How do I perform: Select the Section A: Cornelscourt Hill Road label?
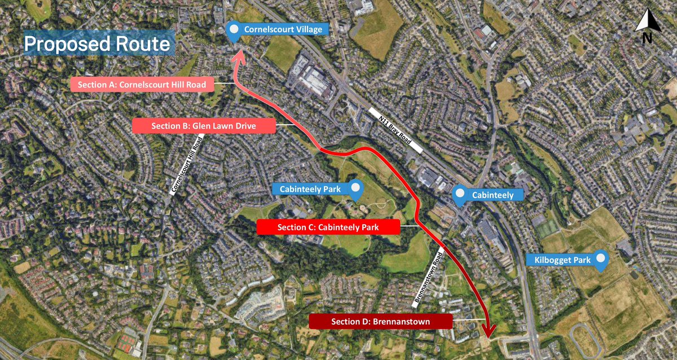click(142, 85)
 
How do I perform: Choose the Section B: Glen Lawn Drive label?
click(204, 126)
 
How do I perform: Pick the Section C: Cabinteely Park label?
click(328, 227)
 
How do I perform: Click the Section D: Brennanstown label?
click(381, 322)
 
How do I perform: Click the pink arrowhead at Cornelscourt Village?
click(238, 54)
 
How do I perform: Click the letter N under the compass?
click(647, 38)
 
